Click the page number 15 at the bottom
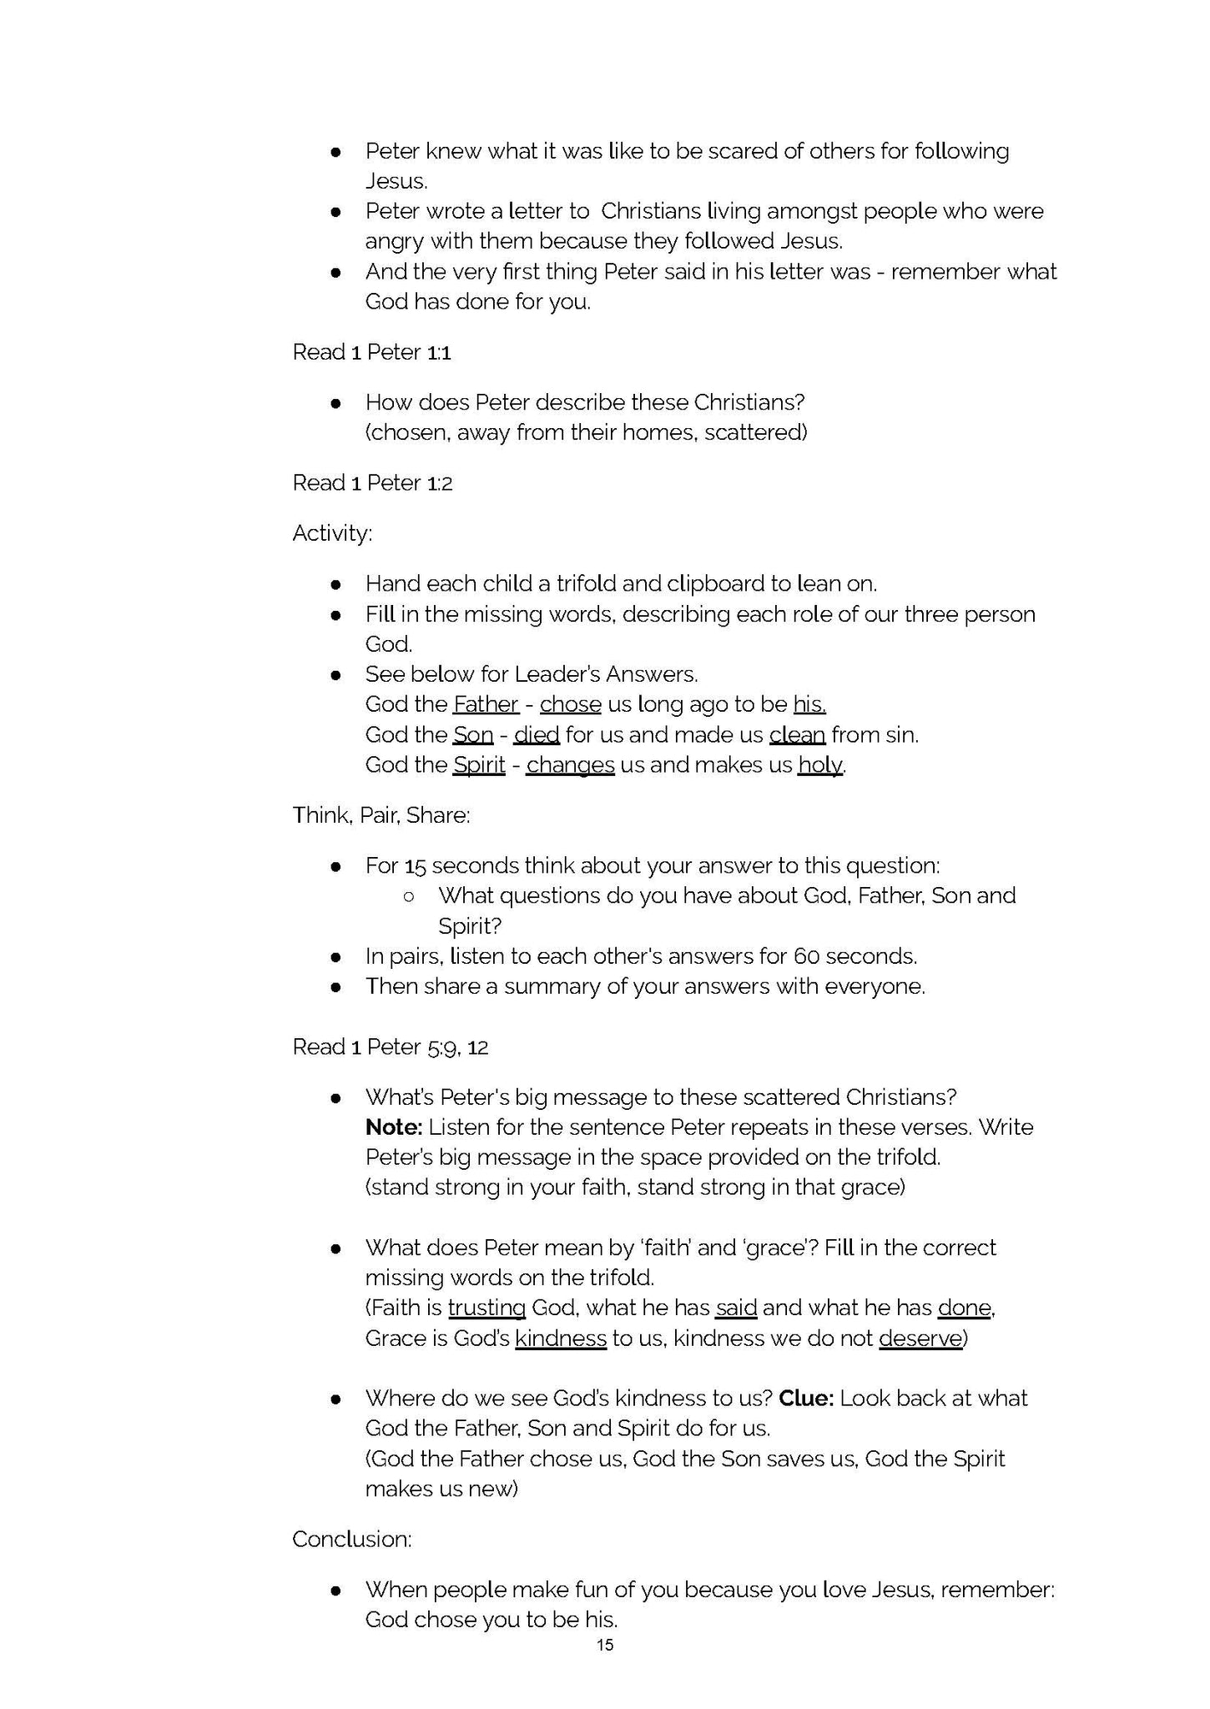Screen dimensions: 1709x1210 tap(605, 1644)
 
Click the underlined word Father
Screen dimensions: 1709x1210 tap(486, 704)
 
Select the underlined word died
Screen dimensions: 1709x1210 tap(536, 734)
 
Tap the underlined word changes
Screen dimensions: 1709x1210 tap(570, 764)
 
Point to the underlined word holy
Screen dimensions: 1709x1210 tap(819, 764)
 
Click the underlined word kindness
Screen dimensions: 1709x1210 tap(560, 1338)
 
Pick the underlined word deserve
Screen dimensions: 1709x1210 tap(920, 1338)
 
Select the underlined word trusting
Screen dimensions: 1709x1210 tap(487, 1308)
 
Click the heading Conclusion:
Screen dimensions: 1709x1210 tap(351, 1539)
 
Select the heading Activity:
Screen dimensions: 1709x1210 tap(332, 533)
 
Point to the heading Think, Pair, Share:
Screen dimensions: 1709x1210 tap(381, 815)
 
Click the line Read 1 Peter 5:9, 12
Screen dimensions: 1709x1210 tap(390, 1046)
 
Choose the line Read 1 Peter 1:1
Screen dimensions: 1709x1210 tap(371, 352)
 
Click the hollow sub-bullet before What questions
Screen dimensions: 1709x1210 tap(409, 896)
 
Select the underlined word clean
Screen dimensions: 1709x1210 tap(797, 734)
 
